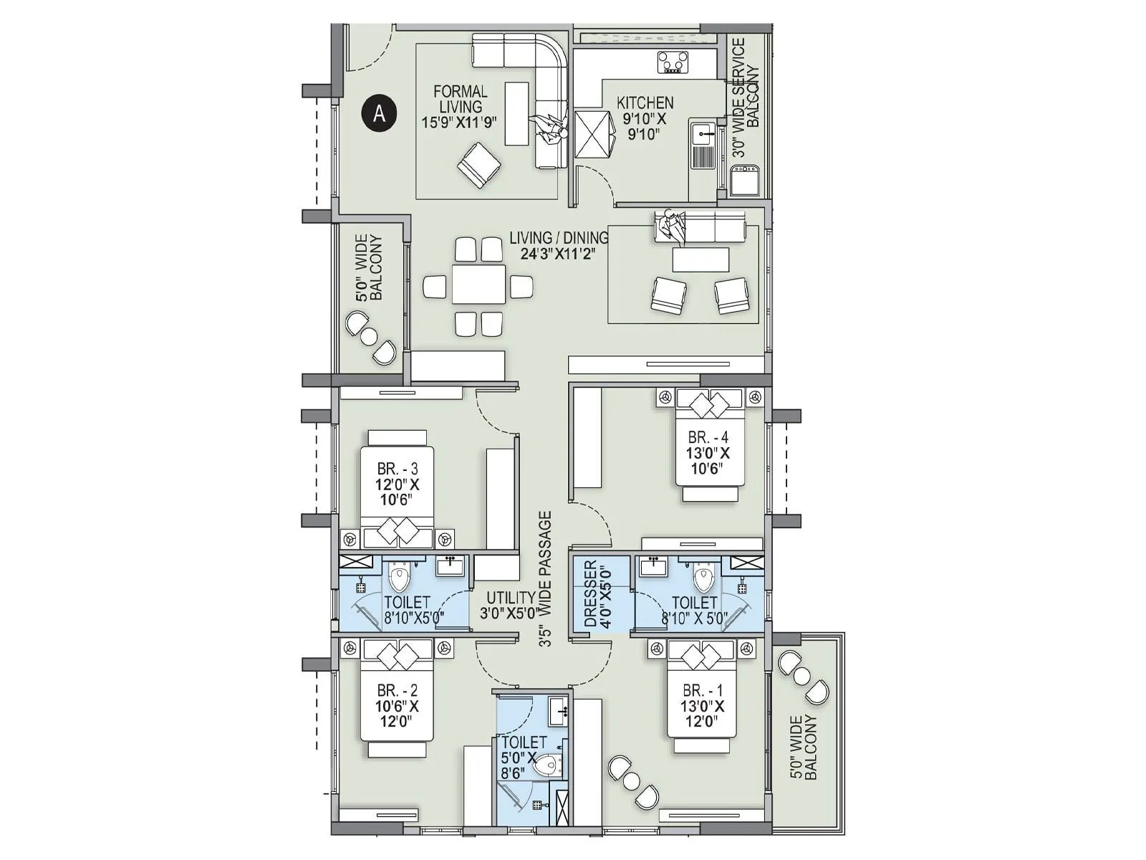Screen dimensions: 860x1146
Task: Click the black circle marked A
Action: (379, 113)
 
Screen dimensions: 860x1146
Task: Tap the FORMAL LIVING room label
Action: (460, 106)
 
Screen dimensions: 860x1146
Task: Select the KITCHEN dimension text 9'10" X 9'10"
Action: (644, 126)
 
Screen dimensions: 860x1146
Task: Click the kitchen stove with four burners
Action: (674, 62)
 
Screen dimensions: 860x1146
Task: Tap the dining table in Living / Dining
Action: (478, 285)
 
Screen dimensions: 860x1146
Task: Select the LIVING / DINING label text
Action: (558, 237)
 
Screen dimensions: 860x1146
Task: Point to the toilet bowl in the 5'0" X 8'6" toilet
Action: (547, 765)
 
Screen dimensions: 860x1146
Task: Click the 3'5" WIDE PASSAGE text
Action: (546, 579)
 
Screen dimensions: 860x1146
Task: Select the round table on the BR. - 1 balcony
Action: (802, 675)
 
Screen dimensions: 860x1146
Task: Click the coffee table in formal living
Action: (516, 113)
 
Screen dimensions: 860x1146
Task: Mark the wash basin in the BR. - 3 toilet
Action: (451, 566)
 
